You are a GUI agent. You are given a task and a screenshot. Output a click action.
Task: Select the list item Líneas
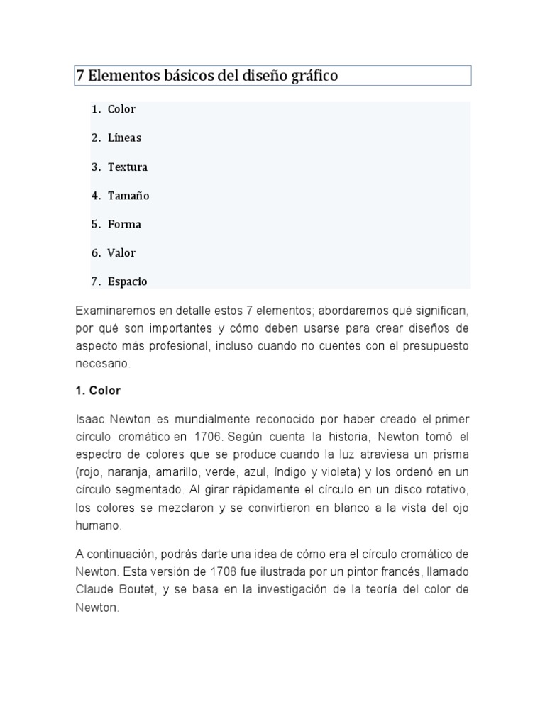click(124, 138)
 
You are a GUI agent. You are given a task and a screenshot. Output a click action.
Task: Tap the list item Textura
click(128, 167)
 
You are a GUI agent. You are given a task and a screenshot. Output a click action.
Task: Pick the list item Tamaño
click(128, 196)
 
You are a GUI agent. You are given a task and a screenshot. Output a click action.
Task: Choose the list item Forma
click(124, 224)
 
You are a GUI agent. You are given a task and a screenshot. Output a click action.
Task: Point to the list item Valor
click(121, 252)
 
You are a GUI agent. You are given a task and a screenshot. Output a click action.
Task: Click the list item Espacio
click(128, 281)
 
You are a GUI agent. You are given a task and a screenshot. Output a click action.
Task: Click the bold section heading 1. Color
click(98, 391)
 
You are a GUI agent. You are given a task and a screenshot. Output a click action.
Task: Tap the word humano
click(98, 525)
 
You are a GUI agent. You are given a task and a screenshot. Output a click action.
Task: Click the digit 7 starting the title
click(80, 76)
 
